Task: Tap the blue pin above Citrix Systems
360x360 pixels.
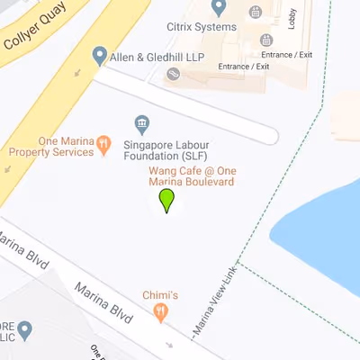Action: pyautogui.click(x=217, y=8)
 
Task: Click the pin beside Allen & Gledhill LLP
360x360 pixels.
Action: pyautogui.click(x=99, y=57)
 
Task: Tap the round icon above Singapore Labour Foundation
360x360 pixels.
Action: pyautogui.click(x=140, y=122)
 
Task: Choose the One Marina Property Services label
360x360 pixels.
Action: pyautogui.click(x=51, y=146)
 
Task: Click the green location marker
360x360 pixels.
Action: pyautogui.click(x=166, y=200)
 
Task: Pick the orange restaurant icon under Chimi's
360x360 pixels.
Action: pyautogui.click(x=161, y=312)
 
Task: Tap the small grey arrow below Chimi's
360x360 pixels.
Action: pyautogui.click(x=169, y=344)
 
